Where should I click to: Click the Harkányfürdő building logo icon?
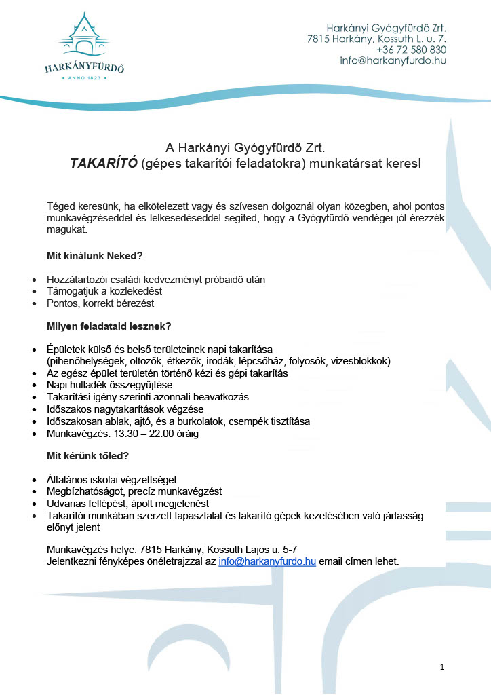pyautogui.click(x=83, y=35)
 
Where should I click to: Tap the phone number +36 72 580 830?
pyautogui.click(x=411, y=50)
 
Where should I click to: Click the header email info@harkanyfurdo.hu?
pyautogui.click(x=393, y=60)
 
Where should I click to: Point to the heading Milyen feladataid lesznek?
pyautogui.click(x=109, y=326)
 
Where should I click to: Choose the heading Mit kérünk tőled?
pyautogui.click(x=87, y=456)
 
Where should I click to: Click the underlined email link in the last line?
pyautogui.click(x=267, y=561)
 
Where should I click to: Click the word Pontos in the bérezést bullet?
pyautogui.click(x=62, y=303)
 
